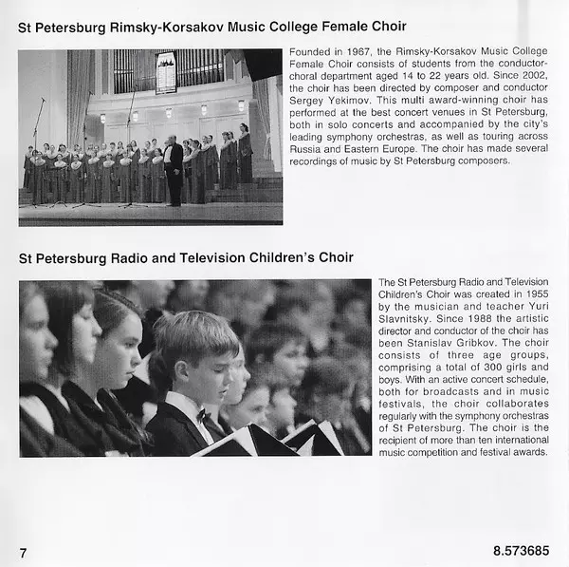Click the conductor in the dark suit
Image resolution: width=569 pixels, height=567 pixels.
(173, 168)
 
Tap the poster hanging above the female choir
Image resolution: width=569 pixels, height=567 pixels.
(166, 71)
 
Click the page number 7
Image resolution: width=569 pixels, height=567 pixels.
(24, 551)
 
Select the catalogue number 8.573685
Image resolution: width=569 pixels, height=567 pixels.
(521, 551)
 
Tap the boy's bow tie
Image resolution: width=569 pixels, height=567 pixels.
(201, 416)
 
